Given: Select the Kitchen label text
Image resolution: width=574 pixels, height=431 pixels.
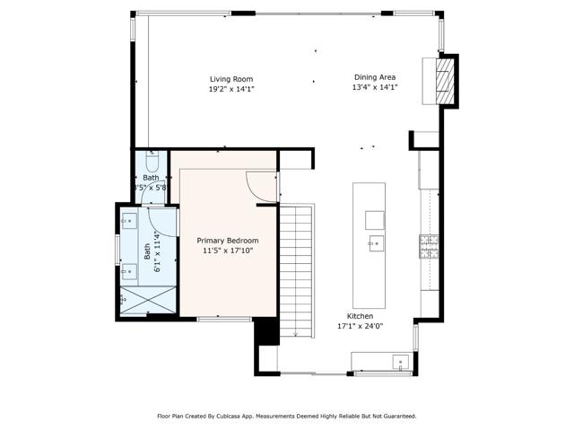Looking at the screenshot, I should pyautogui.click(x=361, y=316).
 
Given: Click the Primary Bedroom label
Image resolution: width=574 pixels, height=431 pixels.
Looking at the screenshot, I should pyautogui.click(x=228, y=241).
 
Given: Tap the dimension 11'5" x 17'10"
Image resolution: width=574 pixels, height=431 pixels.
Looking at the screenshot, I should pyautogui.click(x=228, y=251).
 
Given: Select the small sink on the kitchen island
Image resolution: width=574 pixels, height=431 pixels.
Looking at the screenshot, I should pyautogui.click(x=374, y=242).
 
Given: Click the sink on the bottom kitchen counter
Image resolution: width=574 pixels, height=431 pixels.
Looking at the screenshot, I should pyautogui.click(x=401, y=363).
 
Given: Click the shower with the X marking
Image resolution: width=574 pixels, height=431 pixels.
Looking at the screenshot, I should pyautogui.click(x=149, y=300).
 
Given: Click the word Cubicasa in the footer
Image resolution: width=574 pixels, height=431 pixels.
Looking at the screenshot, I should pyautogui.click(x=229, y=416).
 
